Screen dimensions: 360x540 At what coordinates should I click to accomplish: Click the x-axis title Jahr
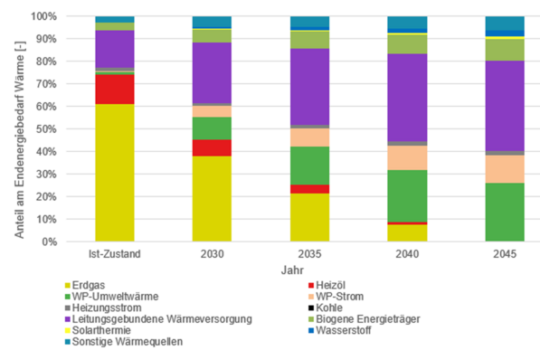[x=308, y=270]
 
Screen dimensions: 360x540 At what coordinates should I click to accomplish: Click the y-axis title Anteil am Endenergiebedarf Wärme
[x=19, y=128]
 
